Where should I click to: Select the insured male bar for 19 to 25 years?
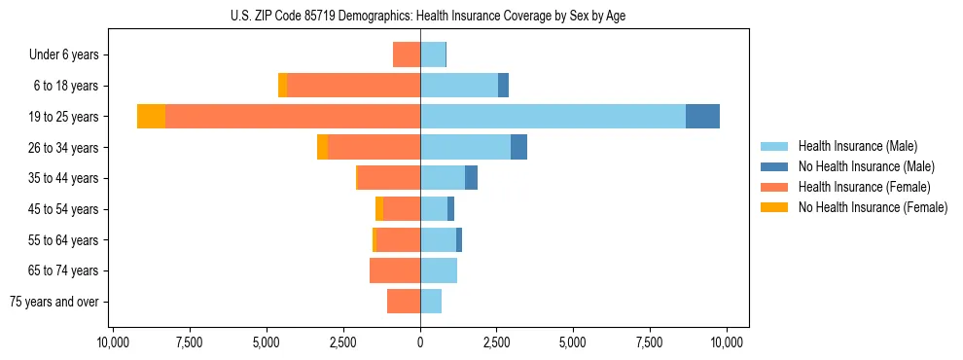coord(553,117)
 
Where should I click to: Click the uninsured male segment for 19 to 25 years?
coord(702,117)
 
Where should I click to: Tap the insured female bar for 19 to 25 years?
coord(293,117)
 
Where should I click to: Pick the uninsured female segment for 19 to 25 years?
coord(151,117)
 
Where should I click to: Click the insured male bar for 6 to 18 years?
coord(459,86)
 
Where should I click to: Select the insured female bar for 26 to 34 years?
coord(374,147)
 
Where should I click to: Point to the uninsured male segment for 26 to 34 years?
coord(518,147)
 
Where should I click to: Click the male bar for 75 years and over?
coord(431,302)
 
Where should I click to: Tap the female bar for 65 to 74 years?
coord(395,270)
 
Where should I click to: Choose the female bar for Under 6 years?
coord(407,54)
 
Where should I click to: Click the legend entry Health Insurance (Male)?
coord(857,146)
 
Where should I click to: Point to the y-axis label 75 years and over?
coord(54,302)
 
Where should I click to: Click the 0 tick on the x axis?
coord(420,342)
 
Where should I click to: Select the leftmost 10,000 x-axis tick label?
coord(113,342)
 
